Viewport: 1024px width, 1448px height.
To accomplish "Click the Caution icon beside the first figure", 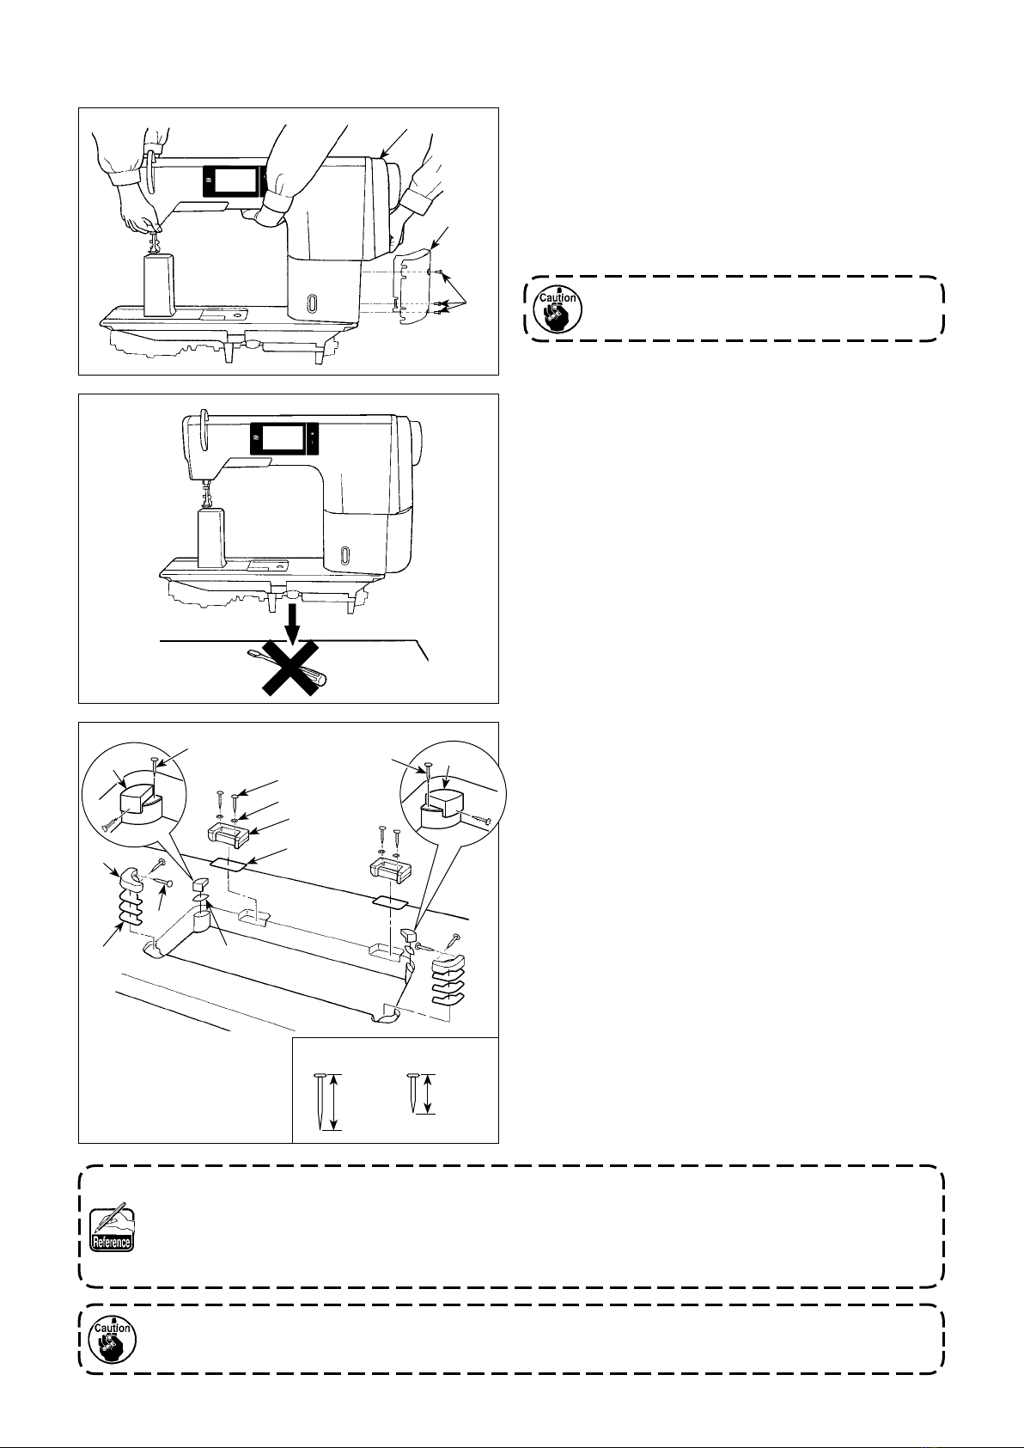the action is [x=558, y=309].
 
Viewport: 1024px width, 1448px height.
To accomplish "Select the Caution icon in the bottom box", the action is [x=112, y=1339].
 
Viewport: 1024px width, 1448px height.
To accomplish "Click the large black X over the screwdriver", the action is [x=290, y=668].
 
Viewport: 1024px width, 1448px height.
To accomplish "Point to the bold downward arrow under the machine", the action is [x=294, y=625].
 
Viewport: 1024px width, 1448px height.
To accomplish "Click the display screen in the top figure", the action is [x=233, y=181].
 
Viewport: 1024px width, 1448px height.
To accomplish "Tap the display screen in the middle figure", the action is [x=281, y=439].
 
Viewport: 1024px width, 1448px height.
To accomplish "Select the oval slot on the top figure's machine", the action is [x=313, y=304].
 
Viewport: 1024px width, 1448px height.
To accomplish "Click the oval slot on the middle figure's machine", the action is [x=345, y=555].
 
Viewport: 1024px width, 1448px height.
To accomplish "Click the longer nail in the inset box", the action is [x=320, y=1101].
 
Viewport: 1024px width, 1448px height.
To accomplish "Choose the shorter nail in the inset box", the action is [x=411, y=1093].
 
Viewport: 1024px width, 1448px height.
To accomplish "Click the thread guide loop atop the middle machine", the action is [x=203, y=429].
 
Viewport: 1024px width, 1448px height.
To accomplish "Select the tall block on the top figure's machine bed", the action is [x=158, y=284].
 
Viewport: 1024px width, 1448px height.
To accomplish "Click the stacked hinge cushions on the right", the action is [x=448, y=980].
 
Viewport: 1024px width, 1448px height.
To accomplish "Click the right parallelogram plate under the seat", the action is [x=392, y=901].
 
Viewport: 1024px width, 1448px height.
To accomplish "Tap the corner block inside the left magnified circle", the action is [x=139, y=800].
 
